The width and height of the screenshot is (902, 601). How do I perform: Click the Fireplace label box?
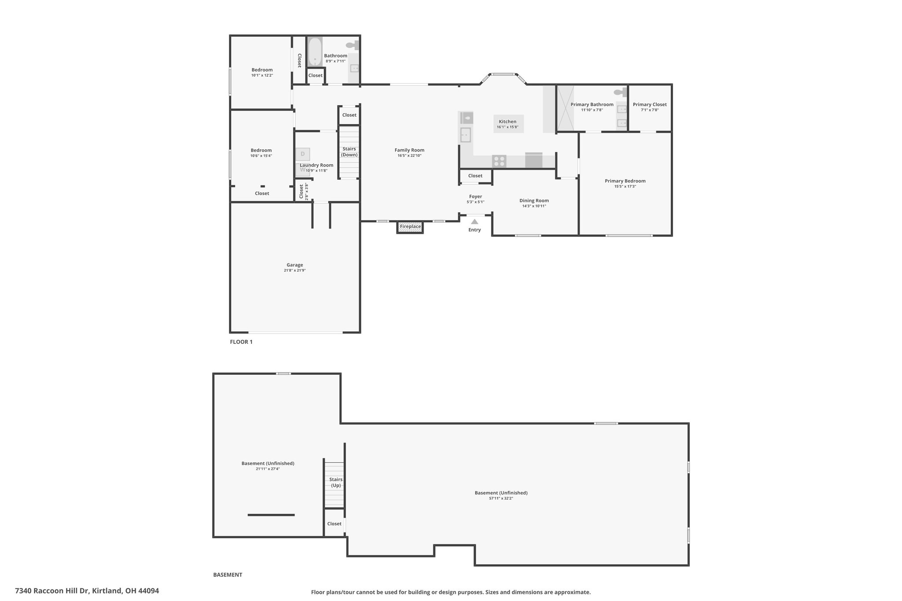tap(410, 227)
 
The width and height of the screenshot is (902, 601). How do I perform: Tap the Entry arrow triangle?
tap(474, 221)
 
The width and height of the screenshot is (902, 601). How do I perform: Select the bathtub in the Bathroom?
tap(314, 52)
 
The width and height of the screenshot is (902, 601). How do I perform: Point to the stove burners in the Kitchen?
tap(499, 161)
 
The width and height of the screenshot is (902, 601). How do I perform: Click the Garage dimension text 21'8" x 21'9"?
tap(295, 270)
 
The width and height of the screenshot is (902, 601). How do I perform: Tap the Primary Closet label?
tap(650, 104)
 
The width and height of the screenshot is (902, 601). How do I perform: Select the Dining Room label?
tap(534, 201)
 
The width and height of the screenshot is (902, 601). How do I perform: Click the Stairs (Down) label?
tap(349, 152)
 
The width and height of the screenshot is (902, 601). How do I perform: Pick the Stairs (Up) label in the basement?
tap(336, 482)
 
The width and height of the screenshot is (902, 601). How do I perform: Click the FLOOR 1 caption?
tap(241, 342)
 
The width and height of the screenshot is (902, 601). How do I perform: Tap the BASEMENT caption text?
tap(228, 575)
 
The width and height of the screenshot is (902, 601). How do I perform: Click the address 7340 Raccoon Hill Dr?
tap(52, 591)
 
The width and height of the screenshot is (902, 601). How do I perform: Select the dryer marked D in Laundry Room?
tap(303, 154)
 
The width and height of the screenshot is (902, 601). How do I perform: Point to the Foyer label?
tap(476, 196)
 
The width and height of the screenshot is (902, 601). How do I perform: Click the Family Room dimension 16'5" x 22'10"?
tap(410, 155)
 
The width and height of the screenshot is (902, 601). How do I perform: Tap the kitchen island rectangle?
tap(508, 124)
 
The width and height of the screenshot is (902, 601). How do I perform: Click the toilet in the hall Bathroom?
tap(352, 44)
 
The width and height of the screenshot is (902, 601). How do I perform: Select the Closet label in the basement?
tap(334, 524)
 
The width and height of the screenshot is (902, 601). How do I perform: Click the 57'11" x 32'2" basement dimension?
tap(501, 498)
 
